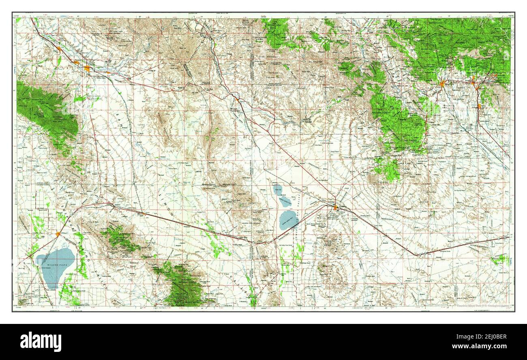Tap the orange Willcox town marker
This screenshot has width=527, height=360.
click(59, 234)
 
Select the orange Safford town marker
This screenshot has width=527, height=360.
click(88, 69)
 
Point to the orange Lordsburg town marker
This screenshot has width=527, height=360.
click(336, 208)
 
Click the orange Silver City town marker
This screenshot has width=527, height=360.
click(442, 84)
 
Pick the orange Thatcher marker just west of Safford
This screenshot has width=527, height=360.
click(76, 62)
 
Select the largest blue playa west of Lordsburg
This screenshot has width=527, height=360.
click(288, 220)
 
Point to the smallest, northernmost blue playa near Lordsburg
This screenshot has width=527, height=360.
click(278, 188)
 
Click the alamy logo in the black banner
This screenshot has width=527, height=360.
click(41, 341)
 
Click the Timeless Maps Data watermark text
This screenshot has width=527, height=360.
click(482, 306)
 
